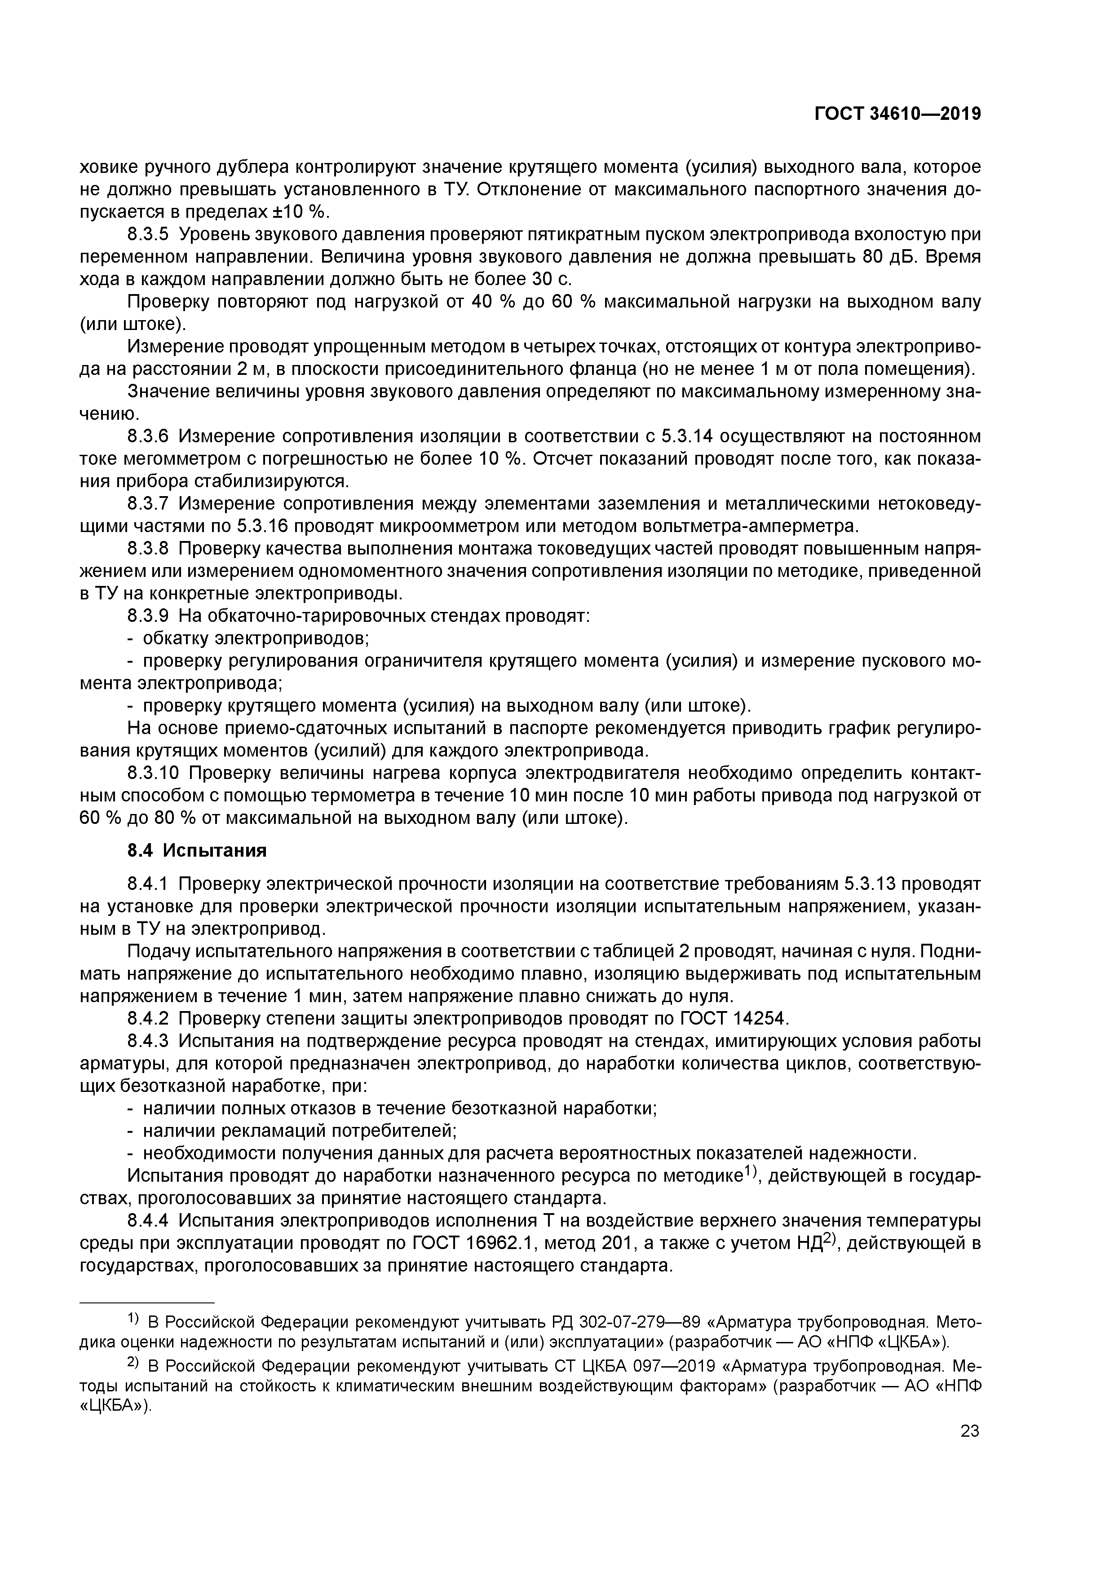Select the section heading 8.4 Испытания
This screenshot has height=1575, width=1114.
coord(197,851)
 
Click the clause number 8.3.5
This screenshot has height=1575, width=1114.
coord(148,235)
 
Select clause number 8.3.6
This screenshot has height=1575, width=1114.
coord(148,436)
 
